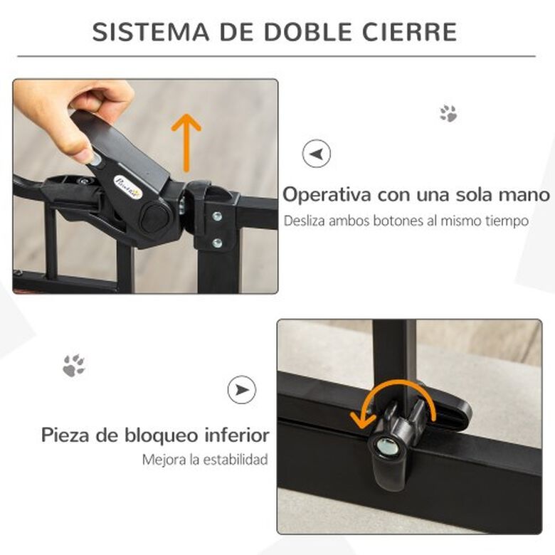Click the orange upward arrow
click(x=186, y=142)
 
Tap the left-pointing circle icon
click(x=317, y=154)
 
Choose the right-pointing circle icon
click(x=242, y=389)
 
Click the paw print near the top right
click(x=448, y=113)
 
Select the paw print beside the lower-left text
click(x=73, y=365)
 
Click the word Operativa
click(x=328, y=195)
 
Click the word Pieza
click(x=65, y=434)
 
